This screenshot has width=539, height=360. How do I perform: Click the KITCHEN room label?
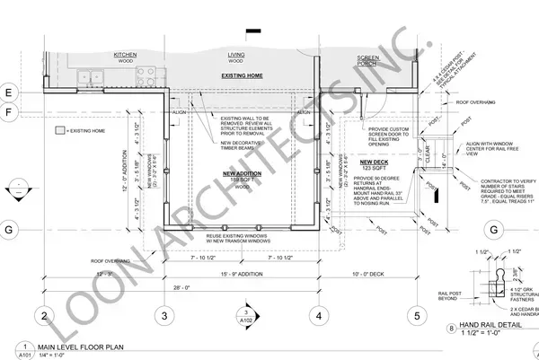[123, 54]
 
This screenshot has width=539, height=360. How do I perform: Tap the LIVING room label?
[237, 54]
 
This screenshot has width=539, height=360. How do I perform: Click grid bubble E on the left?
[6, 92]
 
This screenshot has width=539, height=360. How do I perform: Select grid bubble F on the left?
[6, 112]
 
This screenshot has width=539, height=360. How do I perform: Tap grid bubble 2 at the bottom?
[42, 315]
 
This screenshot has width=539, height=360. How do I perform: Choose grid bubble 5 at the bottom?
[417, 315]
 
